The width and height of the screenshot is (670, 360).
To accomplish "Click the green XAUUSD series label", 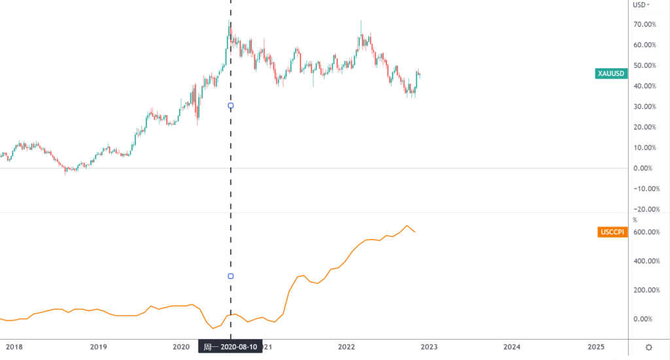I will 610,73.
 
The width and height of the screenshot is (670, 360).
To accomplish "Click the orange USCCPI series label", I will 612,232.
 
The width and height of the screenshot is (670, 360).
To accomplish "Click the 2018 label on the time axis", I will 14,347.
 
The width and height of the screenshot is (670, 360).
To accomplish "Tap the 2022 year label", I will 346,347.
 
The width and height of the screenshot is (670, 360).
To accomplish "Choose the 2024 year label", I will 512,347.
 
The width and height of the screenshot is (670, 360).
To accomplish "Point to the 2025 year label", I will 596,347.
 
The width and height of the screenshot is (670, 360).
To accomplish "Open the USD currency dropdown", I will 642,5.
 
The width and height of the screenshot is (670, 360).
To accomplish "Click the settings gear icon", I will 648,347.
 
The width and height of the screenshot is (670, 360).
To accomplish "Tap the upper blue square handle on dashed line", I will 230,105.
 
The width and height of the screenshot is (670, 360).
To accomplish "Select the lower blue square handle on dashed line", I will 230,276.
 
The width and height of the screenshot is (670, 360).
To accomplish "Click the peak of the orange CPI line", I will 407,226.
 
